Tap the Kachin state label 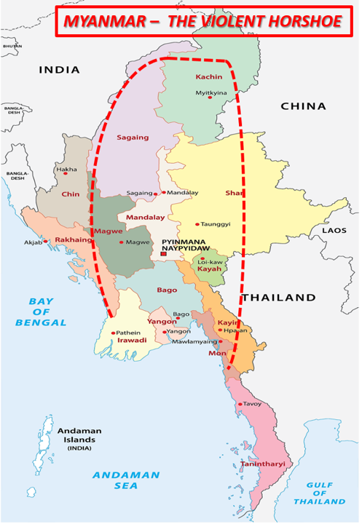tap(208, 77)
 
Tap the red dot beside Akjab tap(46, 241)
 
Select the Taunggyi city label tap(217, 225)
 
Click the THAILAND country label tap(279, 297)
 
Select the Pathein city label tap(127, 333)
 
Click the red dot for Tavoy tap(239, 404)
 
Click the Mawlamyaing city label tap(194, 341)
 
